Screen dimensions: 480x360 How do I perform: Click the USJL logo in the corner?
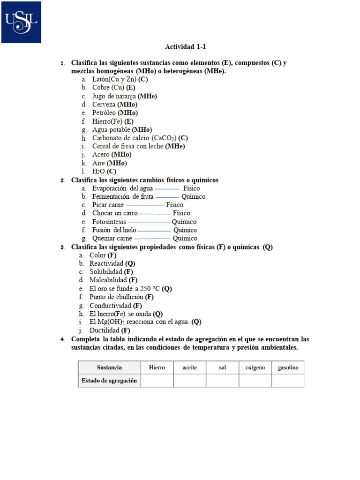[21, 22]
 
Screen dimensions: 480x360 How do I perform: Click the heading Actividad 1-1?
[185, 47]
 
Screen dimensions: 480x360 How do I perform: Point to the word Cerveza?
[104, 105]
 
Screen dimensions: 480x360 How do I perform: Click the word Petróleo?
[104, 113]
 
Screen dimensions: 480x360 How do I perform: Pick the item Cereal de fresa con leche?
[127, 146]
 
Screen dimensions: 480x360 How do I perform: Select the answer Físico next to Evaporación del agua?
[191, 188]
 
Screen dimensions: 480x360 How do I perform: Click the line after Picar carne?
[145, 205]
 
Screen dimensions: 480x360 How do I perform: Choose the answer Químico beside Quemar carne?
[185, 239]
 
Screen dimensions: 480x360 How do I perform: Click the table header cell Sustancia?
[109, 367]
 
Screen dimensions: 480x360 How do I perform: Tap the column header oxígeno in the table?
[255, 367]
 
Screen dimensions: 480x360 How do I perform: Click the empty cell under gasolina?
[288, 381]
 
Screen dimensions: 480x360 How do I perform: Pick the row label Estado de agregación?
[109, 381]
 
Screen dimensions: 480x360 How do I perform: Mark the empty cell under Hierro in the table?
[157, 381]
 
